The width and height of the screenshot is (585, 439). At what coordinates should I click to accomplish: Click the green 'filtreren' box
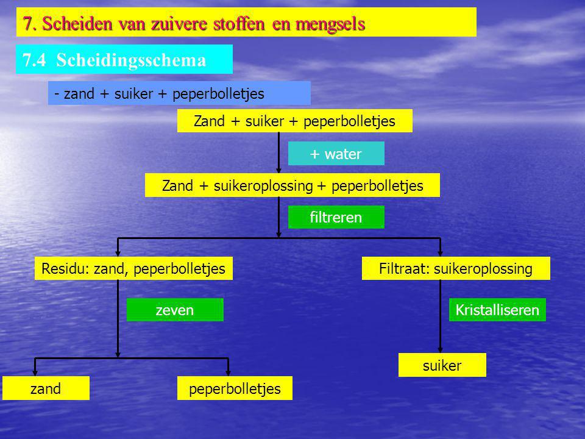(x=336, y=217)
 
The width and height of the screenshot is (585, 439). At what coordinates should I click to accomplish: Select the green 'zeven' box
(x=175, y=310)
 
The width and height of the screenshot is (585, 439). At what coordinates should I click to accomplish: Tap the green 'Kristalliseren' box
(x=497, y=310)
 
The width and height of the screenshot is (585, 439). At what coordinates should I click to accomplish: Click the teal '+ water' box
(x=336, y=153)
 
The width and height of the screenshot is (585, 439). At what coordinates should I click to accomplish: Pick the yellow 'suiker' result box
(x=442, y=365)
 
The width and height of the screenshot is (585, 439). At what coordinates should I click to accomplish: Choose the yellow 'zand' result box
(x=46, y=388)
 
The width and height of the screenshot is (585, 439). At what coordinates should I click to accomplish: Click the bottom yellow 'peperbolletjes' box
(x=235, y=388)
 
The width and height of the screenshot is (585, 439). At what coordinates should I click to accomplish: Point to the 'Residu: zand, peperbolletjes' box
(x=133, y=268)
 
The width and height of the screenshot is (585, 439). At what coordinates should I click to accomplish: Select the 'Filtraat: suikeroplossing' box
(x=456, y=268)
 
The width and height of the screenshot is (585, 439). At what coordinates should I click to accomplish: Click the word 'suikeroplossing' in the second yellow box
(x=263, y=185)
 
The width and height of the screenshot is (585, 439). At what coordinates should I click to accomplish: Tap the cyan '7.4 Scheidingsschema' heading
(x=124, y=59)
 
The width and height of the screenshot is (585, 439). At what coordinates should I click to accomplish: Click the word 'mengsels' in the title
(x=330, y=24)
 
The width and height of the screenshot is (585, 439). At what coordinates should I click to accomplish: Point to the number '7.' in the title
(x=29, y=23)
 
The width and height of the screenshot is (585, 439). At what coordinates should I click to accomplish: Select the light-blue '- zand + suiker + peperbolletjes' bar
(x=179, y=93)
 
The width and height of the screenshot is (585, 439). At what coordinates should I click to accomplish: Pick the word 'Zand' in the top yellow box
(x=209, y=121)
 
